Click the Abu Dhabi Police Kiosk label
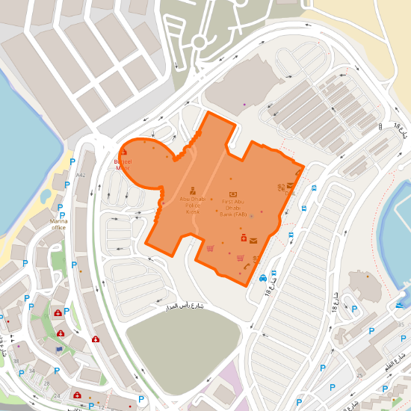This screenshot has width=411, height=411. (x=192, y=205)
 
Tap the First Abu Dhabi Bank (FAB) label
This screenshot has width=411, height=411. (x=233, y=208)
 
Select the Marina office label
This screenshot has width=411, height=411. (x=59, y=224)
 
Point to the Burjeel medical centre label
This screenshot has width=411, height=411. (x=123, y=164)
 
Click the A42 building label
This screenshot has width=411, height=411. (x=81, y=175)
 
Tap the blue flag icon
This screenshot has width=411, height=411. (x=59, y=349)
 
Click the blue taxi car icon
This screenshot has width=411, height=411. (x=263, y=278)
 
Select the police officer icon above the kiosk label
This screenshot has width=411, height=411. (x=192, y=191)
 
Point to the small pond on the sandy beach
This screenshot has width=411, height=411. (x=47, y=196)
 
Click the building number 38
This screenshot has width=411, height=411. (x=16, y=361)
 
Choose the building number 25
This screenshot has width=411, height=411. (x=359, y=376)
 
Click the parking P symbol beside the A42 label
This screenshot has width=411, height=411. (x=72, y=162)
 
